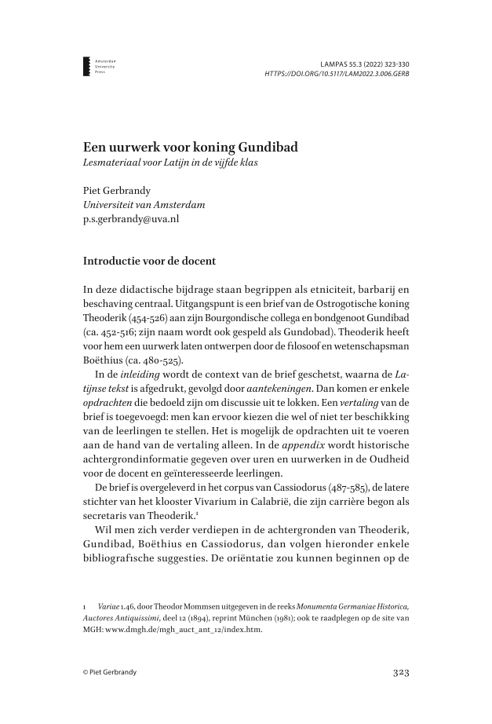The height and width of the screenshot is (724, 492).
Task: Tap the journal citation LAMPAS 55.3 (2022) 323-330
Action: (x=366, y=62)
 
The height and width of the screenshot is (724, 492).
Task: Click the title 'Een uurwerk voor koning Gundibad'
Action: (x=191, y=148)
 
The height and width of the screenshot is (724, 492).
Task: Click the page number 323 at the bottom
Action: (x=400, y=672)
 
